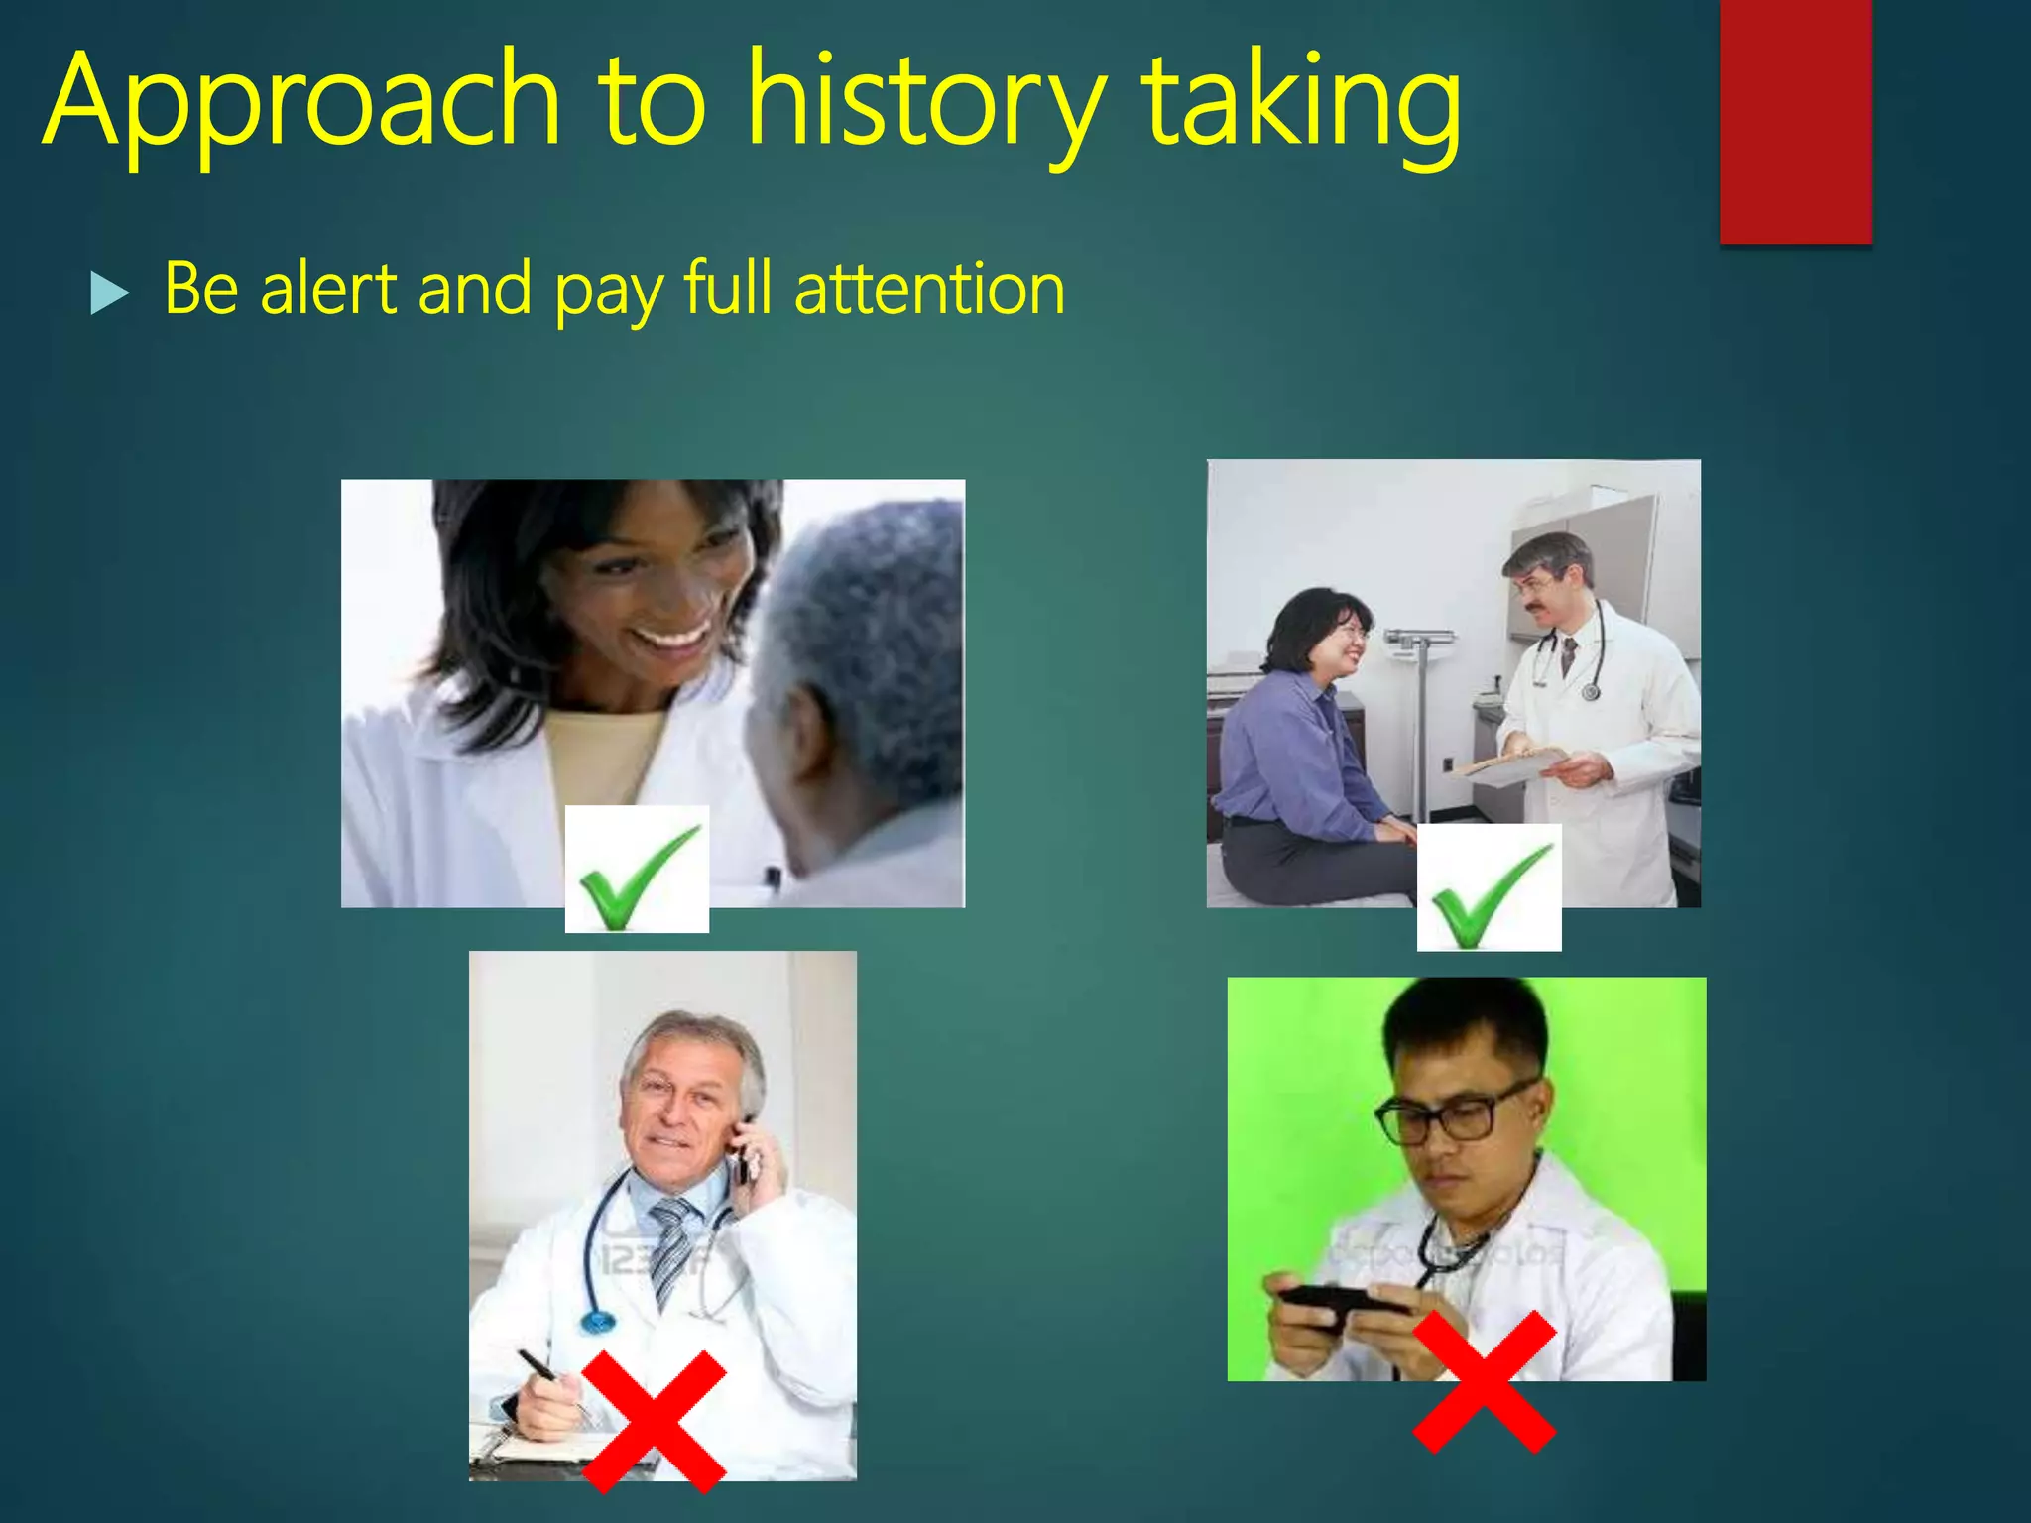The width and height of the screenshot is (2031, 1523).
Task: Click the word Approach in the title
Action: click(302, 104)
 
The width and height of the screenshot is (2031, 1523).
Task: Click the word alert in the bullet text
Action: click(328, 289)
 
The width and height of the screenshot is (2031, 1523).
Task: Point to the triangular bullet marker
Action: click(109, 293)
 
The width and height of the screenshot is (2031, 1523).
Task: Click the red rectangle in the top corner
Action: click(1795, 119)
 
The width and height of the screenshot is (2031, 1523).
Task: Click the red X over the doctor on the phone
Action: click(655, 1420)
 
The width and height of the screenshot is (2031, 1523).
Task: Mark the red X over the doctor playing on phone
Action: click(1484, 1381)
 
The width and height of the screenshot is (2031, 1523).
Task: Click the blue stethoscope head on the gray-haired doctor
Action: click(597, 1321)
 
